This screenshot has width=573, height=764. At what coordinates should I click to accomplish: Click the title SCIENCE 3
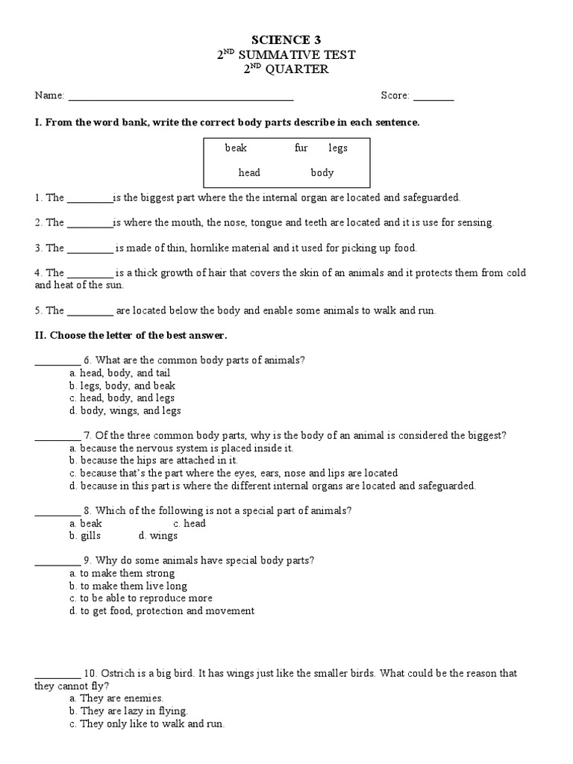pos(286,39)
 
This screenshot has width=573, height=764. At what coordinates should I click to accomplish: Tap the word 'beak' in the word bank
pos(236,148)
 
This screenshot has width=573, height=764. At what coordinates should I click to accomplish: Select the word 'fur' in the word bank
pos(301,148)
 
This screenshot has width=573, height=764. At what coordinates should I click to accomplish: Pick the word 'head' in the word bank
pos(249,172)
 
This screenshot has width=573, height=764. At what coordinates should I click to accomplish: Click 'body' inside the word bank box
pos(322,172)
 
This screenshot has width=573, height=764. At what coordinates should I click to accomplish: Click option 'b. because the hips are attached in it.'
pos(154,460)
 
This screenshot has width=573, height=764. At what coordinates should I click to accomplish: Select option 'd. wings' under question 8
pos(158,536)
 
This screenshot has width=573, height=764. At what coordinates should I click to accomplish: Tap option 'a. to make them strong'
pos(122,573)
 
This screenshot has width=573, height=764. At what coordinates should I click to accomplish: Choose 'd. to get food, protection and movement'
pos(161,610)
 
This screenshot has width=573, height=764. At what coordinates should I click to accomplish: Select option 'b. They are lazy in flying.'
pos(128,711)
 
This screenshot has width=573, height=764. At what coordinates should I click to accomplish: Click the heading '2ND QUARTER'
pos(286,69)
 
